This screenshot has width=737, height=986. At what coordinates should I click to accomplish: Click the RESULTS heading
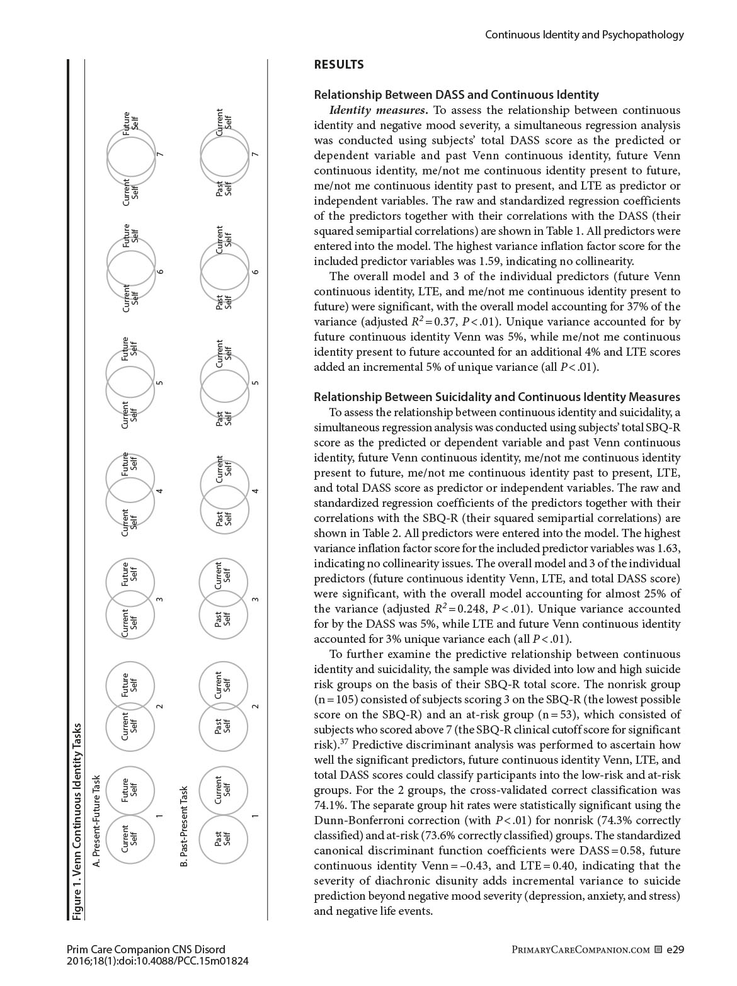point(338,64)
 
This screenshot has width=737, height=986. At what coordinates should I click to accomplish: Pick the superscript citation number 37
point(344,742)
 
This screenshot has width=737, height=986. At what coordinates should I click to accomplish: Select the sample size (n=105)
point(334,700)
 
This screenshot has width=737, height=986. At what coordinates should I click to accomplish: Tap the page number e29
point(675,949)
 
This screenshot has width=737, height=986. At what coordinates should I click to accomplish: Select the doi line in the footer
point(157,961)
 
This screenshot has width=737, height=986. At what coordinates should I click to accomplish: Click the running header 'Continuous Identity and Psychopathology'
point(584,35)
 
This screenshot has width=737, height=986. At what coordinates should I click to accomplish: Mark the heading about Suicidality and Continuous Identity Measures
point(496,397)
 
